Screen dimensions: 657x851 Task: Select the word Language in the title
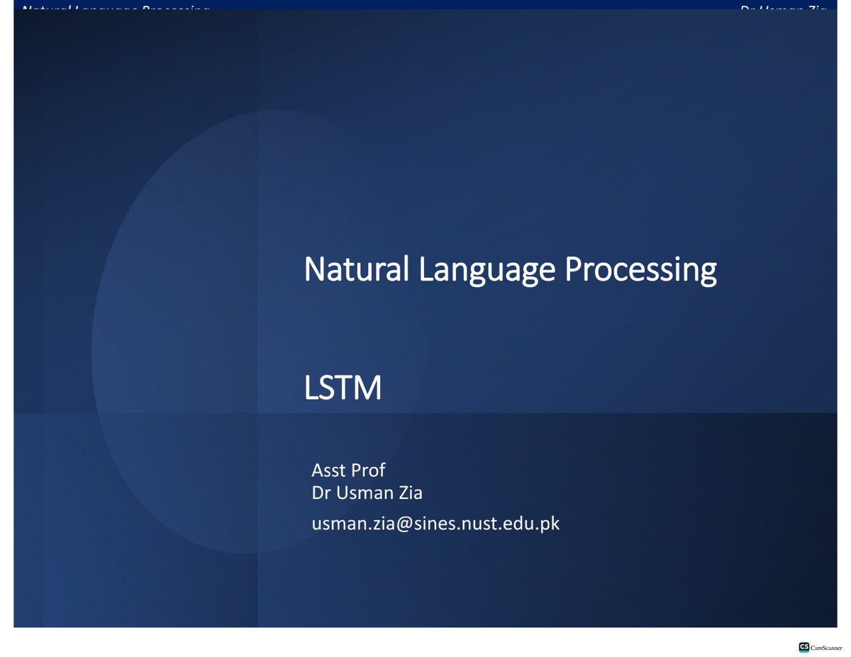487,270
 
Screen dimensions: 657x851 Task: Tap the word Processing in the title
640,270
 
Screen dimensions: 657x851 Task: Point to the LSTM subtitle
343,388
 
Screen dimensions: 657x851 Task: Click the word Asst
328,470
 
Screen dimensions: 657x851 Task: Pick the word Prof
368,470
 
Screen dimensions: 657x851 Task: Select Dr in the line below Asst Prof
321,492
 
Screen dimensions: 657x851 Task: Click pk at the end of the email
551,524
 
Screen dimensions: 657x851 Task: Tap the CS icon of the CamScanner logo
804,647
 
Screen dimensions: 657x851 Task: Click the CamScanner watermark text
826,648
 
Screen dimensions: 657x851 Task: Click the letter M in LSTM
367,388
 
